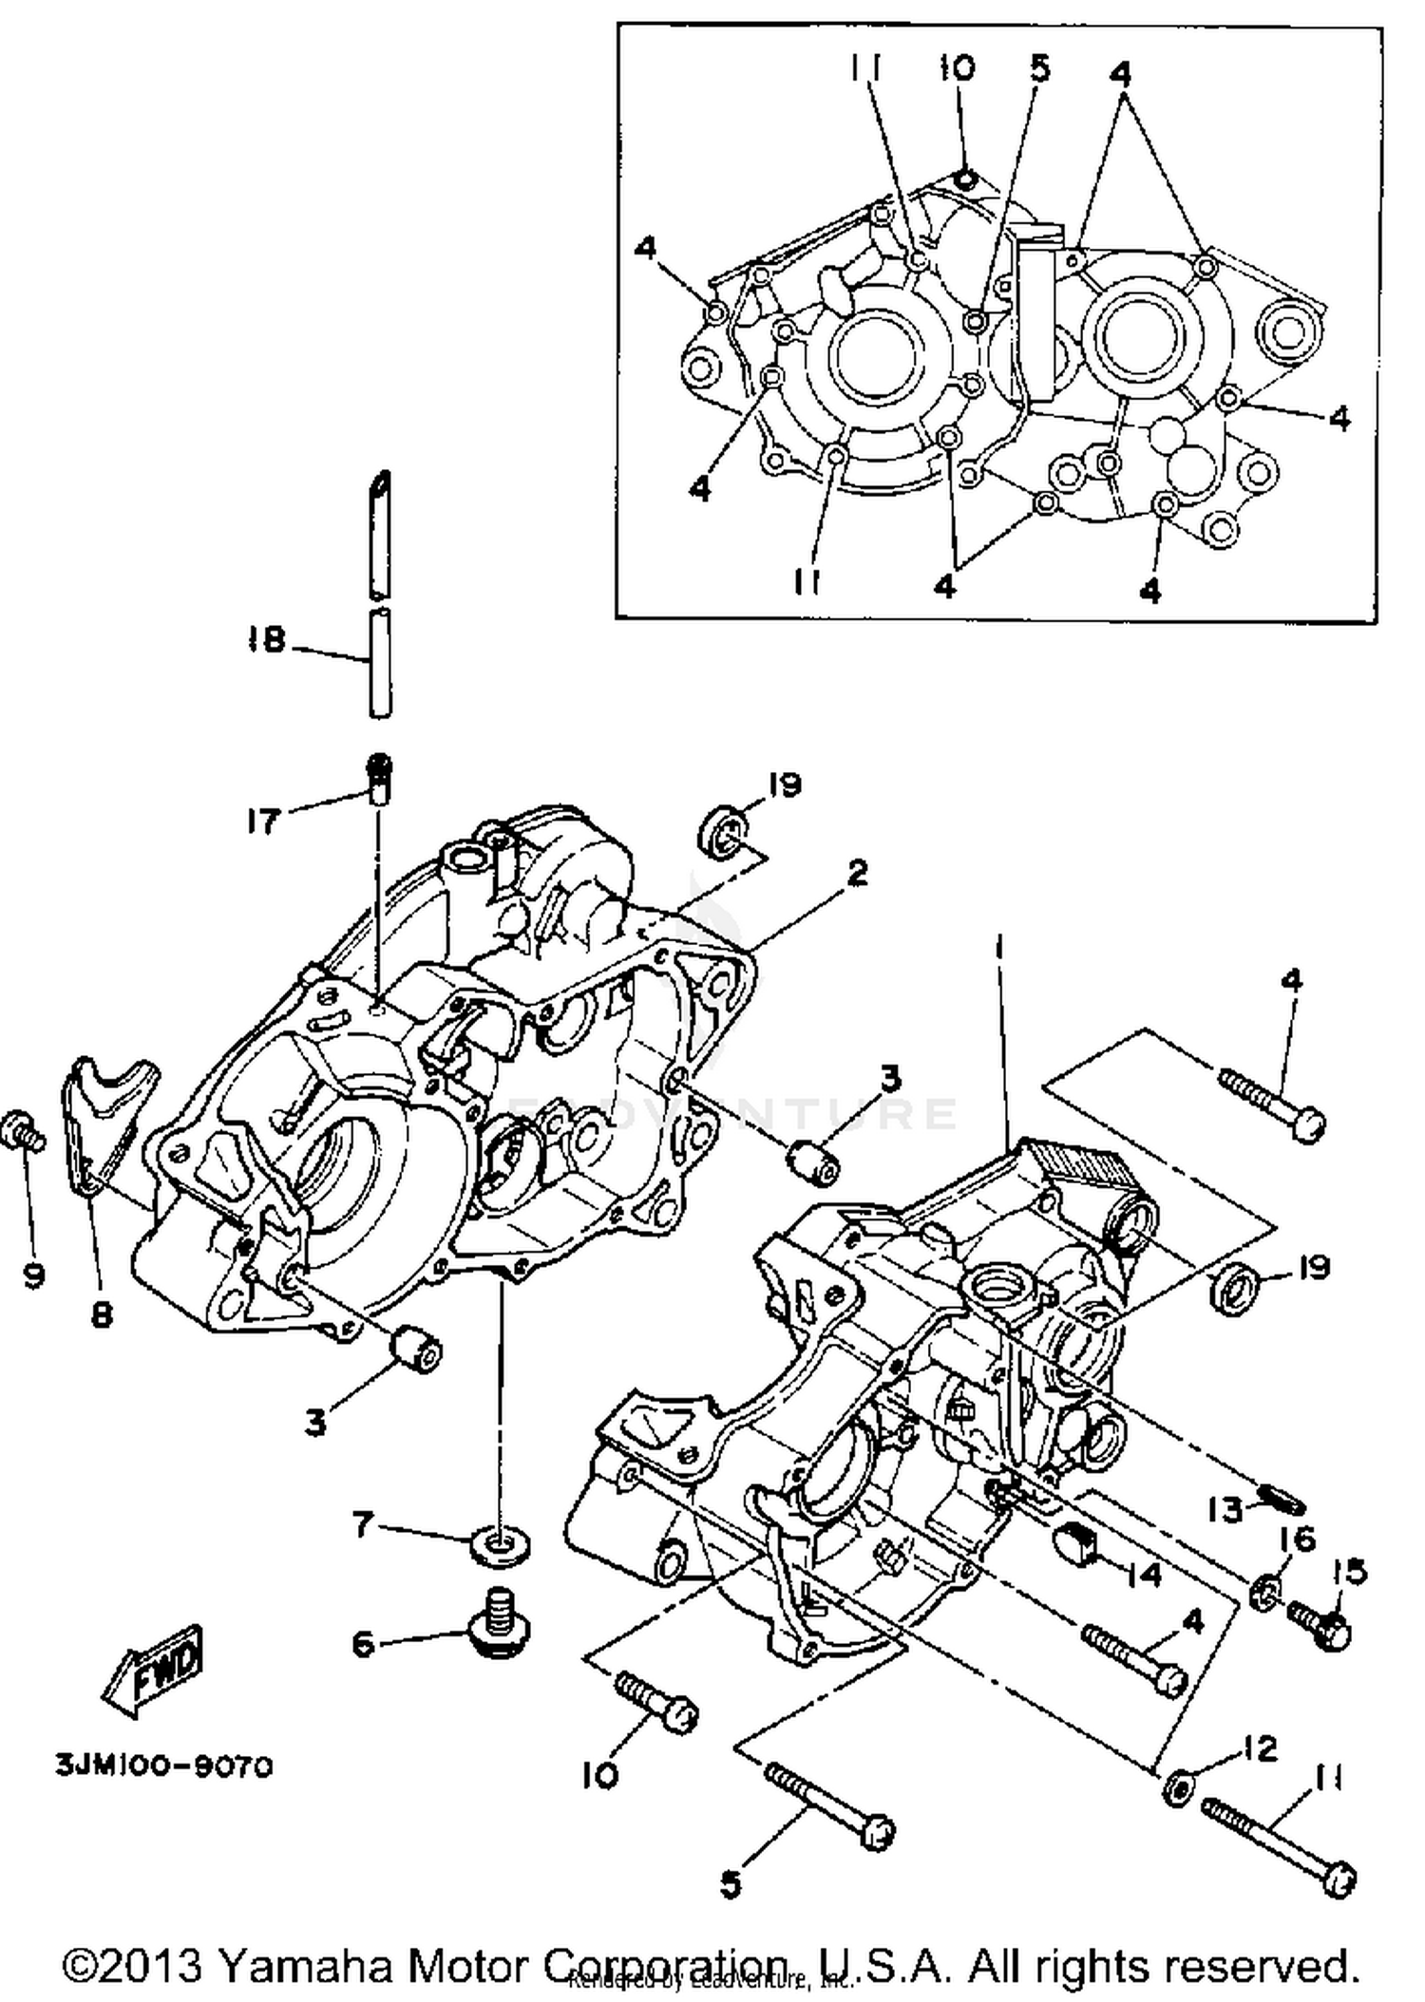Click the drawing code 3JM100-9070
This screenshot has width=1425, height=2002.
pyautogui.click(x=164, y=1766)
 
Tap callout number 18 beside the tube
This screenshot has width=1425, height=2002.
pyautogui.click(x=266, y=639)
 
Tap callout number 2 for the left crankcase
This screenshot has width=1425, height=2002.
pyautogui.click(x=857, y=872)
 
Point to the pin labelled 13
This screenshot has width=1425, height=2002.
pyautogui.click(x=1282, y=1503)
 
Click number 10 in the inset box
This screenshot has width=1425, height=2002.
pyautogui.click(x=958, y=68)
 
